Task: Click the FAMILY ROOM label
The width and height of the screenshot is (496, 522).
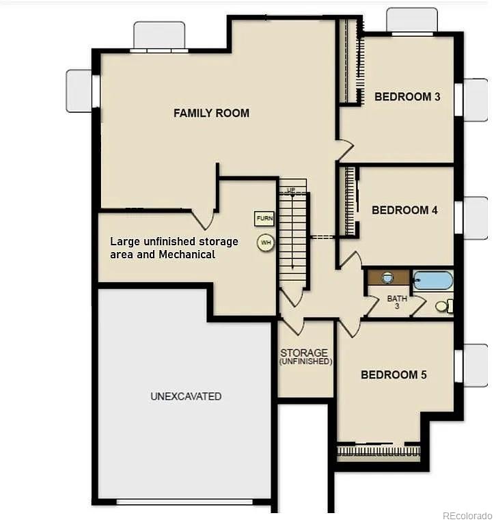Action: [x=211, y=113]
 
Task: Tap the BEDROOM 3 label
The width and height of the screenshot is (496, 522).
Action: [x=407, y=96]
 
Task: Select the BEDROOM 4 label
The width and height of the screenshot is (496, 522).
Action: [x=404, y=210]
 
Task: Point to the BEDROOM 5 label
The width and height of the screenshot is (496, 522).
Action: [x=394, y=375]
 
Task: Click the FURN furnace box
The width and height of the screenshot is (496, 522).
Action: [x=264, y=219]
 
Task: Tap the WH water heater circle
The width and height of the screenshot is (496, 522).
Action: [x=266, y=243]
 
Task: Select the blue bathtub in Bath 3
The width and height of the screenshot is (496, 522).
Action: [x=432, y=281]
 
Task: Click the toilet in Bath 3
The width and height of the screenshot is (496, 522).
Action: [x=445, y=306]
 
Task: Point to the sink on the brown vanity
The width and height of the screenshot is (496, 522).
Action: [x=387, y=277]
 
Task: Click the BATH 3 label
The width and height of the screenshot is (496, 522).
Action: [x=397, y=301]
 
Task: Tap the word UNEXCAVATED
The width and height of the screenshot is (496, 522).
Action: [x=186, y=396]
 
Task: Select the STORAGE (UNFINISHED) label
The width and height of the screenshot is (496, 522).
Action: [x=305, y=357]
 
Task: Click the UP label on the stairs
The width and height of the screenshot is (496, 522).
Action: [x=291, y=190]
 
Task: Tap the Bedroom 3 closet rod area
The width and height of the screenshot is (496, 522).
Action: [x=350, y=61]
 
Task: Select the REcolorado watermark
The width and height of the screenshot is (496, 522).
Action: [x=468, y=516]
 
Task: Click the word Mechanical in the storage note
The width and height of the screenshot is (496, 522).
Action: [x=187, y=255]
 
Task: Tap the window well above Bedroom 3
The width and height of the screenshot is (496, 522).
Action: [x=412, y=20]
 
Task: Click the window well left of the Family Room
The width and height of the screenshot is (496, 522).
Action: [x=79, y=91]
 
